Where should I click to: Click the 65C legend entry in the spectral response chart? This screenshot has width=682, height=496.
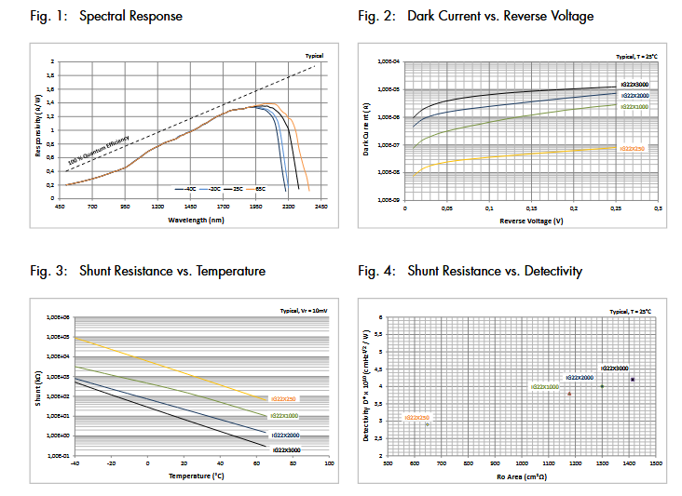258,189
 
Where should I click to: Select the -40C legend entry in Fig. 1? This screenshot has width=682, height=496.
189,189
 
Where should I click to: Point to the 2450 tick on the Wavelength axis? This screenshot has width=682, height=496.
321,206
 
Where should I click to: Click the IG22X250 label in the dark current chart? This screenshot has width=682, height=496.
632,148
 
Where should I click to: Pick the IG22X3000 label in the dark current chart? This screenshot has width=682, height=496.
634,85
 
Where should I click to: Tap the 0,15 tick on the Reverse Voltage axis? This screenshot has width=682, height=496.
531,208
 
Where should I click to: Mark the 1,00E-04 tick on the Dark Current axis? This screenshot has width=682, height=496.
388,62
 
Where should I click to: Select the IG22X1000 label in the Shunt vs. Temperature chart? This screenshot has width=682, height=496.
283,415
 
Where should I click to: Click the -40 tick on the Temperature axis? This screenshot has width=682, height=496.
75,462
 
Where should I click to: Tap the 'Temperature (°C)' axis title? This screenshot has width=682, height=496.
198,476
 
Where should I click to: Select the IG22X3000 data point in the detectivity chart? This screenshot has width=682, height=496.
633,379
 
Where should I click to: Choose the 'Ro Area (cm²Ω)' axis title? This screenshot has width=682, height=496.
522,476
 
